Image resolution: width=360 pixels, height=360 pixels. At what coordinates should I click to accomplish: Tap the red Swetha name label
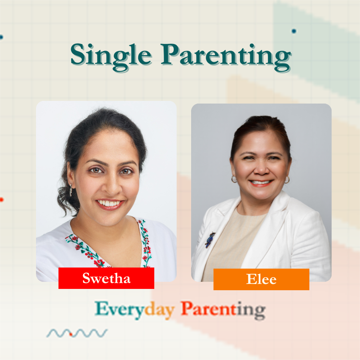tap(106, 278)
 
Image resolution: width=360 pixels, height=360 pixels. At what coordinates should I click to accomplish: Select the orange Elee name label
tap(261, 279)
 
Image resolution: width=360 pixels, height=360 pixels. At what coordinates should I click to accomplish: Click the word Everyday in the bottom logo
tap(135, 310)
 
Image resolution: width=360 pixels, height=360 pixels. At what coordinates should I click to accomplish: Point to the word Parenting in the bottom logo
tap(223, 310)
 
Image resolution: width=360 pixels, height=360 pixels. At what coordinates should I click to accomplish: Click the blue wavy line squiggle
tap(77, 333)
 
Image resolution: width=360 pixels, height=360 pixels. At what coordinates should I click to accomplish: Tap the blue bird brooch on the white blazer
tap(210, 240)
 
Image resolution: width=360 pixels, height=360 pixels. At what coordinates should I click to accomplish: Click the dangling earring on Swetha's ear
tap(71, 191)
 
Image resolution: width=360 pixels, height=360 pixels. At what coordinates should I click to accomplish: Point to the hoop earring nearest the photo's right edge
tap(287, 180)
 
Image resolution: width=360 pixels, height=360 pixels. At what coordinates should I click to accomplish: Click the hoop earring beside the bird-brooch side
tap(234, 179)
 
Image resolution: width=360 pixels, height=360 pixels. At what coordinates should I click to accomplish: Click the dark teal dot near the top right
tap(294, 31)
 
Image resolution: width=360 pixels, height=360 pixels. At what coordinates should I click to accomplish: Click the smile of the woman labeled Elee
tap(261, 183)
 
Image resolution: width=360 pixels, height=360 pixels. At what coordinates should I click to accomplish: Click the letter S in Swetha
tap(87, 278)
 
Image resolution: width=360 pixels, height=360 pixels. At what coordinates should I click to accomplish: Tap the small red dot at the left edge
tap(1, 200)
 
